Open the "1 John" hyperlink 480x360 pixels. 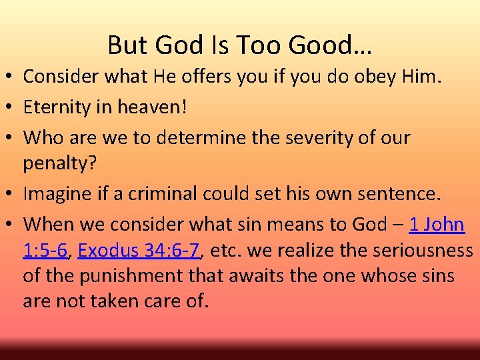pos(437,225)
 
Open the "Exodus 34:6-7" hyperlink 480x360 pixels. pos(139,251)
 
